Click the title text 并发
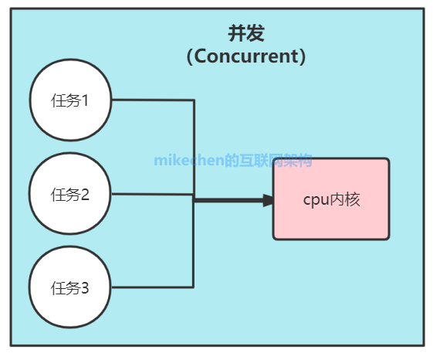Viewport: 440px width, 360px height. [246, 33]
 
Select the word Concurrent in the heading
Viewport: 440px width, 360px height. [246, 56]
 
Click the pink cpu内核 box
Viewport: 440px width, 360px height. [331, 199]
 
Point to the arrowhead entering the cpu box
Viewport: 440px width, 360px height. [268, 201]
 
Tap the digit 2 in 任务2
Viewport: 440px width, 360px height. [85, 194]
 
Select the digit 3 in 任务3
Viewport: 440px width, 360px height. [85, 288]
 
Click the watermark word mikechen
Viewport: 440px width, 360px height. [189, 161]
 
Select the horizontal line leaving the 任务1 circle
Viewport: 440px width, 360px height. [153, 100]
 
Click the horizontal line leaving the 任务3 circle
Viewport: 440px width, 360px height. [152, 287]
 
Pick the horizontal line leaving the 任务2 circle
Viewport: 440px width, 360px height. [152, 194]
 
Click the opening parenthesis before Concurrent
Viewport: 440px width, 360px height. [190, 56]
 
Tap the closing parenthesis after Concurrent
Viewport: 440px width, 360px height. [303, 56]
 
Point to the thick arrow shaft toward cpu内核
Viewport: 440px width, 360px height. [228, 200]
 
